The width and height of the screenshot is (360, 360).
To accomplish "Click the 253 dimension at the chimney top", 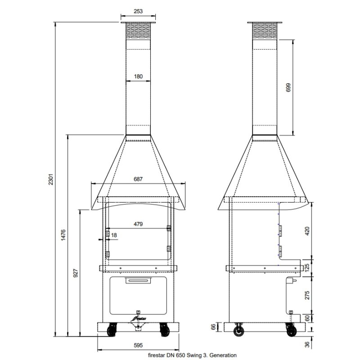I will click(138, 11).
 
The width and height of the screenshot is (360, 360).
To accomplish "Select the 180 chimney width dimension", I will click(138, 76).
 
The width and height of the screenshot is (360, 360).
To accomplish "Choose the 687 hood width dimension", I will click(138, 179).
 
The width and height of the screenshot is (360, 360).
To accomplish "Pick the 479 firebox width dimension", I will click(138, 224).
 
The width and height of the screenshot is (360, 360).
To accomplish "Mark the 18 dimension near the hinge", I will click(114, 235).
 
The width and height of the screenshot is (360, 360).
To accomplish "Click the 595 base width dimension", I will click(138, 346).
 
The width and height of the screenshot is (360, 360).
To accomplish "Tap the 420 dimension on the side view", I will click(307, 231).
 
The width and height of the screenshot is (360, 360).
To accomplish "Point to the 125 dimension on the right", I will click(307, 266).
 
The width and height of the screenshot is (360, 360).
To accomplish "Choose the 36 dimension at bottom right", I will click(307, 345).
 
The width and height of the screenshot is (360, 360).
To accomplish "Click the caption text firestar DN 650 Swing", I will click(192, 355).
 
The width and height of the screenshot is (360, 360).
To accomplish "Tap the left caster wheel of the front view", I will click(111, 331).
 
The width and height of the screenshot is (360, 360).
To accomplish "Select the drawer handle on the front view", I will click(138, 281).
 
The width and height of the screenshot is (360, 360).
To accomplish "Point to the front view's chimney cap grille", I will click(138, 31).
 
